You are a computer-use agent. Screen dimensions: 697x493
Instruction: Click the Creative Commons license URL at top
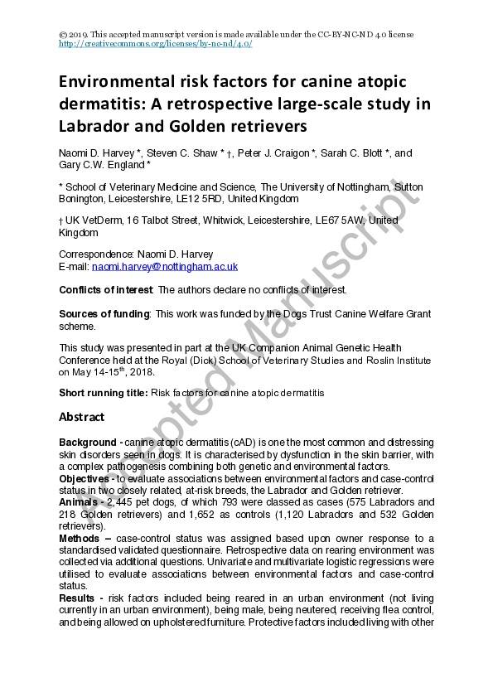[156, 44]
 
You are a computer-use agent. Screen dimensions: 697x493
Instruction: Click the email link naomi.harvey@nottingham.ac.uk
[165, 267]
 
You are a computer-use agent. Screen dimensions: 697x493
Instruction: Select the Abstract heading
[82, 417]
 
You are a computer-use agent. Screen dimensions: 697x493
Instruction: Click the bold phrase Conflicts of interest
[105, 290]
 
